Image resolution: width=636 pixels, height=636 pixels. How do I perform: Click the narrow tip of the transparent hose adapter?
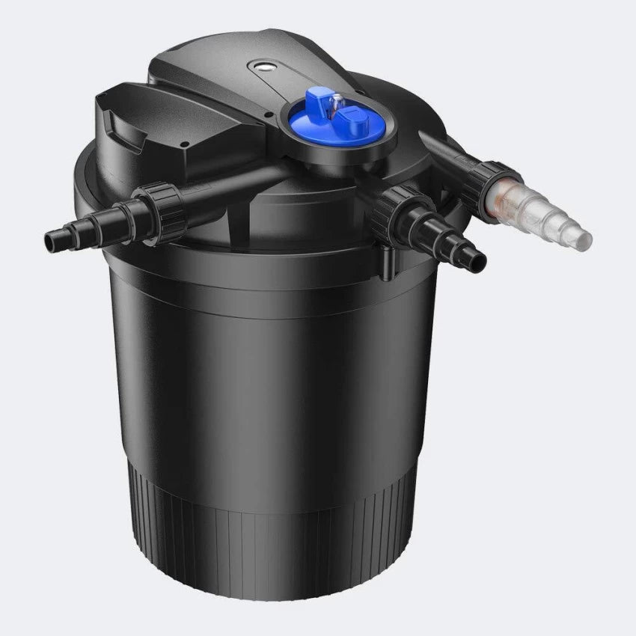point(581,239)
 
